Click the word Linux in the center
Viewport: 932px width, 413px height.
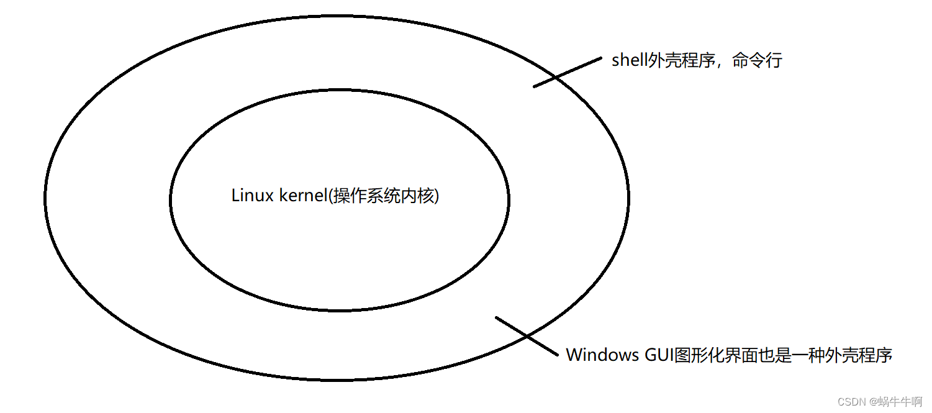(248, 196)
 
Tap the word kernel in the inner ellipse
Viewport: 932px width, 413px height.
(298, 196)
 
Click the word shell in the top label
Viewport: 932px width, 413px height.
(628, 61)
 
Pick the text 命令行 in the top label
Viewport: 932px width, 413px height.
(757, 61)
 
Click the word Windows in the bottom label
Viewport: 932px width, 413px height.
(602, 355)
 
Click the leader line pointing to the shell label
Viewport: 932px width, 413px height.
(568, 72)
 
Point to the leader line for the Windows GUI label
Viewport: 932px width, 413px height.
(527, 336)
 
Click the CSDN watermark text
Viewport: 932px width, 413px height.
(851, 402)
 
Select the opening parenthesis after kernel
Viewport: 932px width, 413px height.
(330, 196)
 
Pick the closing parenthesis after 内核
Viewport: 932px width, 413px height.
(436, 196)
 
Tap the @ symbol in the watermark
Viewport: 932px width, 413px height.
(872, 402)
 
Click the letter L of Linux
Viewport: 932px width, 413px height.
(235, 196)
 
